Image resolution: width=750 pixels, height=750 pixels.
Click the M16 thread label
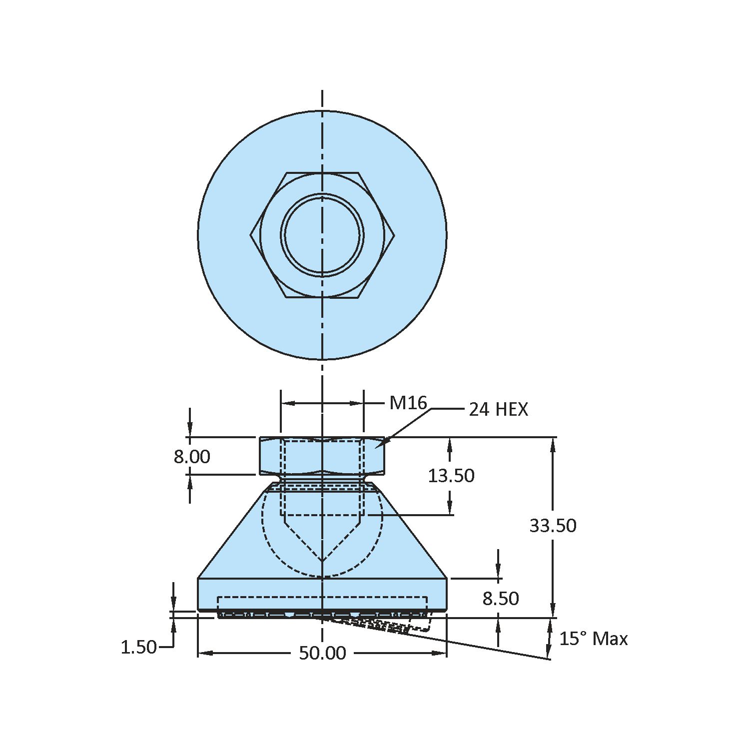tap(408, 403)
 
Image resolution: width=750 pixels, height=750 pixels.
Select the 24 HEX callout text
tap(498, 410)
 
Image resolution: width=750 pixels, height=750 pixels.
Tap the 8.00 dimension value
tap(192, 457)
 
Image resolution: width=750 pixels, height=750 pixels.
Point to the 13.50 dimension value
tap(451, 476)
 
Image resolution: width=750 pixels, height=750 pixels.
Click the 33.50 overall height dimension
tap(553, 526)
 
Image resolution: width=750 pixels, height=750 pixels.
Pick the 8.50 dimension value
tap(500, 598)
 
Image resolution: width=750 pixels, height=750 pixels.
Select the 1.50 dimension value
tap(138, 648)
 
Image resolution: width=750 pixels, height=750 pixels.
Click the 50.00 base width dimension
tap(322, 653)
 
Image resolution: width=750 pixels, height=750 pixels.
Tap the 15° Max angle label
tap(593, 639)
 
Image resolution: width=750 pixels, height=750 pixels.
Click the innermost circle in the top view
tap(322, 235)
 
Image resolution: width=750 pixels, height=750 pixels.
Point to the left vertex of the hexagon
tap(251, 235)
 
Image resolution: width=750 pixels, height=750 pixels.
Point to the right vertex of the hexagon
tap(394, 235)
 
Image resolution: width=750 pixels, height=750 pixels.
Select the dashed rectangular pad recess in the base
tap(322, 605)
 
